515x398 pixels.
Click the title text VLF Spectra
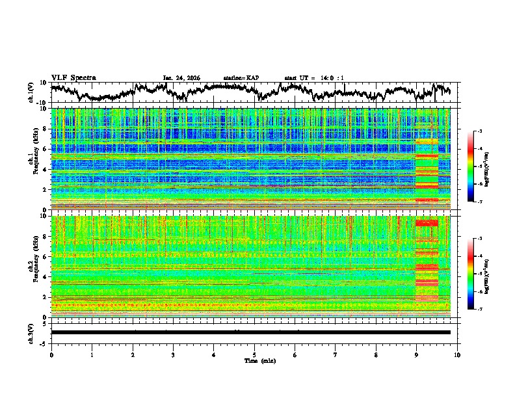[73, 77]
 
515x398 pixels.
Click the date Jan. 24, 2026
[181, 78]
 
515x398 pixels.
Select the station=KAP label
[241, 78]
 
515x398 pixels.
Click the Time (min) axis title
[254, 360]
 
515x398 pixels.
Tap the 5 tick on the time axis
[254, 354]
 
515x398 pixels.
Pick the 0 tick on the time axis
[51, 354]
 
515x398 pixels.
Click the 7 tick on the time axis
[336, 354]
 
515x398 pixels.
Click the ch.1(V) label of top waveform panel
[31, 92]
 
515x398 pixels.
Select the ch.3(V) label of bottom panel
[31, 332]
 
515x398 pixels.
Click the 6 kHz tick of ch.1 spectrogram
[46, 149]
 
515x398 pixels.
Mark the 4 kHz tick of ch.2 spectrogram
[46, 276]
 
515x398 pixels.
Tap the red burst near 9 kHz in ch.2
[427, 223]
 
